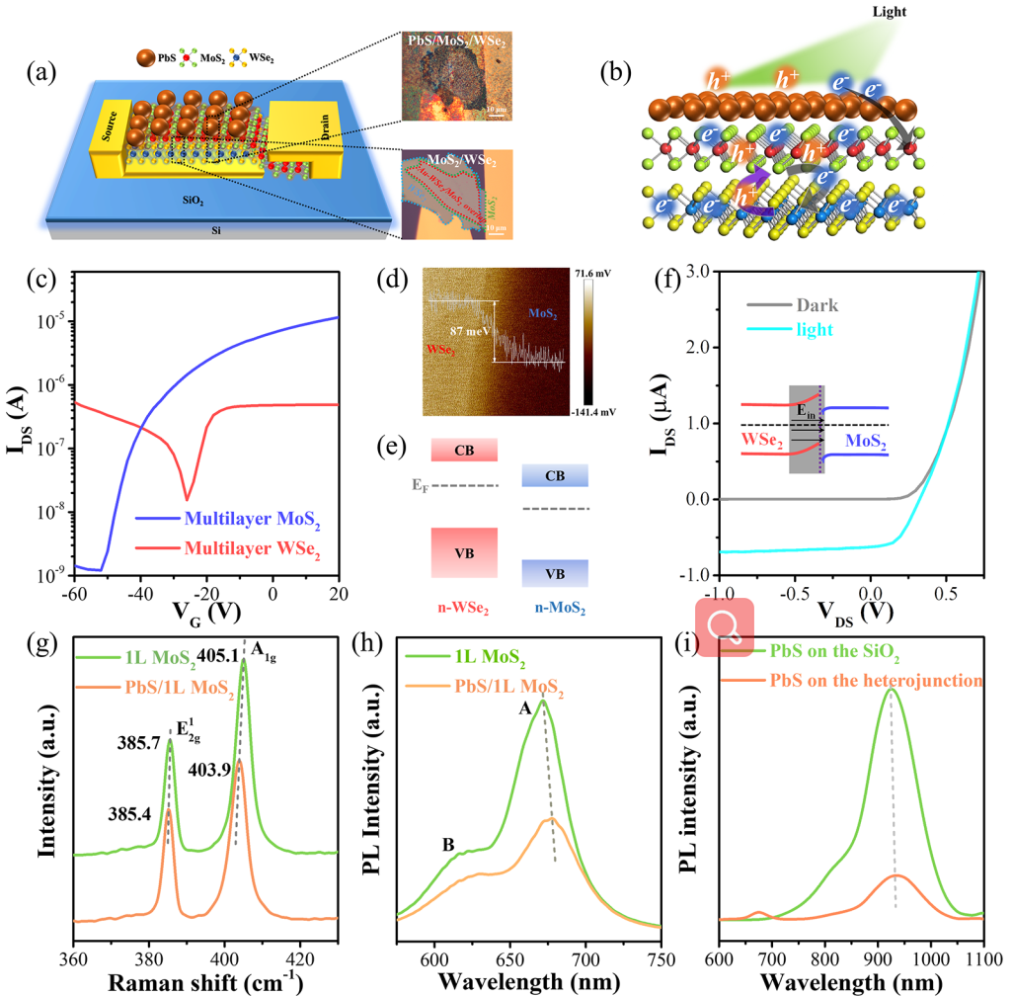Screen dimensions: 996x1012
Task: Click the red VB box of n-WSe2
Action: tap(463, 552)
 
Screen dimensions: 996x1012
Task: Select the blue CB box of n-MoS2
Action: tap(555, 476)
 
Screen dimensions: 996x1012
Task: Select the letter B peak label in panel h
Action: tap(448, 845)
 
